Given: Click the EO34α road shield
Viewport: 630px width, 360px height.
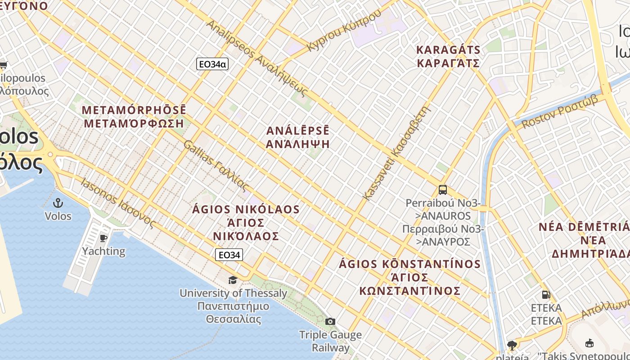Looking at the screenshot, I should click(x=212, y=64).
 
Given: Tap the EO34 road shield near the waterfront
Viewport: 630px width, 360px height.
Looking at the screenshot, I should click(x=229, y=255).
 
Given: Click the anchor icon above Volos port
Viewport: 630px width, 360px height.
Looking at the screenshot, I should click(x=58, y=203).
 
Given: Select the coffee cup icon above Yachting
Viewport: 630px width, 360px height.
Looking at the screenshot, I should click(x=103, y=238).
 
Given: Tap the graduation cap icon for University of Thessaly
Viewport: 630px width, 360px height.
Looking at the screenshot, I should click(x=233, y=280).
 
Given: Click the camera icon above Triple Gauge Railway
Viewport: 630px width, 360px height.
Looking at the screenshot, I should click(x=330, y=321).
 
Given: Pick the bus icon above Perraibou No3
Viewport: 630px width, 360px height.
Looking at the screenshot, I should click(x=443, y=190).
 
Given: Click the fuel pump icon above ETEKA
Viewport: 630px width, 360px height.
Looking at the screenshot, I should click(x=546, y=295).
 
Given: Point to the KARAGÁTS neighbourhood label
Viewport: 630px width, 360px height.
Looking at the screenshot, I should click(x=448, y=56).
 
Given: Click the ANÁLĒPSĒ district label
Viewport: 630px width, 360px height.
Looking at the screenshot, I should click(x=298, y=137).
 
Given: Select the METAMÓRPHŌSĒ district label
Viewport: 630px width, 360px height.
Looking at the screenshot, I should click(x=134, y=117).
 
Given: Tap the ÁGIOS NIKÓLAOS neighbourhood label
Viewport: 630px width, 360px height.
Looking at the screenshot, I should click(x=246, y=222).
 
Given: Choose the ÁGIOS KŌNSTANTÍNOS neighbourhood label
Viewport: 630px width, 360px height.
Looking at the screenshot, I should click(x=410, y=277).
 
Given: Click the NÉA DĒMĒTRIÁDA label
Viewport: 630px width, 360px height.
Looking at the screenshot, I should click(x=584, y=240).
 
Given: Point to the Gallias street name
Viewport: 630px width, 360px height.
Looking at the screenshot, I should click(x=216, y=166).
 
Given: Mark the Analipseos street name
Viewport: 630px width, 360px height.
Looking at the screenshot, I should click(x=257, y=58).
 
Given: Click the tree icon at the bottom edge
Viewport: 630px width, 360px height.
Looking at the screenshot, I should click(x=511, y=345).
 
